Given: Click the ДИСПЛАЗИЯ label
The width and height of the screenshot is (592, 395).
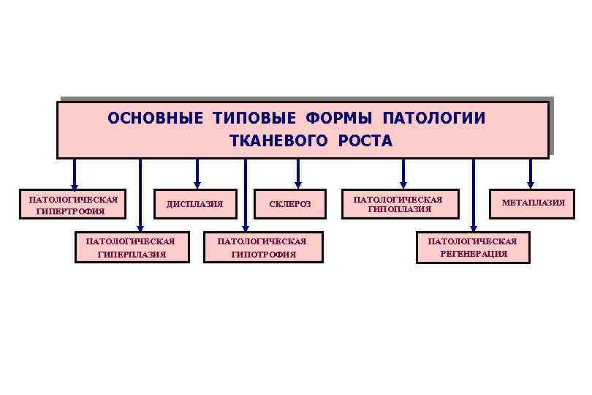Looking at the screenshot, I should (x=194, y=203).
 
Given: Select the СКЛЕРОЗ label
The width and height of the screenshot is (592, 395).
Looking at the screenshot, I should (x=290, y=203).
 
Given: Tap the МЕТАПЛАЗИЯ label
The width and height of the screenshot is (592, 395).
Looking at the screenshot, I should (x=533, y=203).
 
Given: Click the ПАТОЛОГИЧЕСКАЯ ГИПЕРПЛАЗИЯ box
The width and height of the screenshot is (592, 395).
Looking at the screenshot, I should (x=131, y=248).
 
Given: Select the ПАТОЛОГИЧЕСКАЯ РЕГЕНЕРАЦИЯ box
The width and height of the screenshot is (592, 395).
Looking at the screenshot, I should (x=472, y=248).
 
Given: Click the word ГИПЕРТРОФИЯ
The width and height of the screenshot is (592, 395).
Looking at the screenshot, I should (x=70, y=211).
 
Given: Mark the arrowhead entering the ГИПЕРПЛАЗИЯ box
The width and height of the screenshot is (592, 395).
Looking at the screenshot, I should (x=140, y=228).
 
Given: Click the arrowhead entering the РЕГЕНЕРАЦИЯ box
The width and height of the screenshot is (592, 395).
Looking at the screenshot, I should (x=474, y=228).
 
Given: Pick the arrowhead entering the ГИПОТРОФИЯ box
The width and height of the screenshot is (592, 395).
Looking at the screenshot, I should (x=246, y=228).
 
